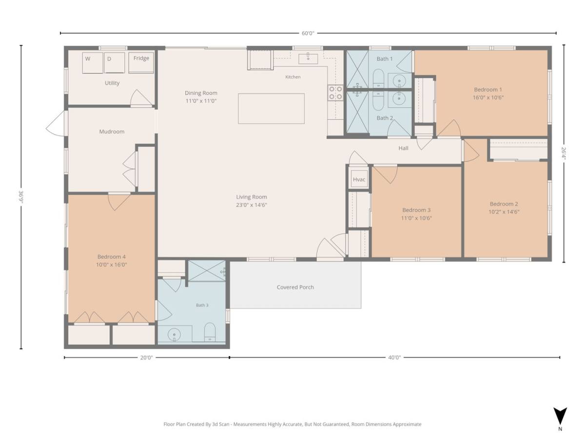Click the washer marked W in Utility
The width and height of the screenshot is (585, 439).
tap(93, 62)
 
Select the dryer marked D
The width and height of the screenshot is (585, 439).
tap(115, 62)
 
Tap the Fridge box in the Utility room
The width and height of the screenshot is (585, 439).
tap(141, 62)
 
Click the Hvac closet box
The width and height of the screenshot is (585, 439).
tap(358, 180)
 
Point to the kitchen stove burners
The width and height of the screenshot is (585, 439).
tap(335, 93)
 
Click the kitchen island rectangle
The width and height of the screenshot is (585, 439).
tap(272, 108)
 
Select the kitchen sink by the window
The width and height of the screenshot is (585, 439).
tap(308, 59)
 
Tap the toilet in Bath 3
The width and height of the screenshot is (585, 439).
tap(210, 332)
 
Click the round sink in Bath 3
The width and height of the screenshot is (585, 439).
tap(174, 335)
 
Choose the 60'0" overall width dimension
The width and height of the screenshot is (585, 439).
tap(308, 33)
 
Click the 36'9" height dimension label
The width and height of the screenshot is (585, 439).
tap(21, 197)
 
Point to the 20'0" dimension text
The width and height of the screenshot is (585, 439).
tap(146, 358)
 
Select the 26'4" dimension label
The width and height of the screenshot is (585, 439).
tap(563, 154)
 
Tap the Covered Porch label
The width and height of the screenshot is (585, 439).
tap(295, 287)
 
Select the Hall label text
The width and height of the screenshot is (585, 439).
tap(403, 148)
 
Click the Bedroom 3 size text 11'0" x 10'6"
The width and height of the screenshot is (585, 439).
tap(416, 218)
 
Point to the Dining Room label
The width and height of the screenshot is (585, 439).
tap(201, 93)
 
